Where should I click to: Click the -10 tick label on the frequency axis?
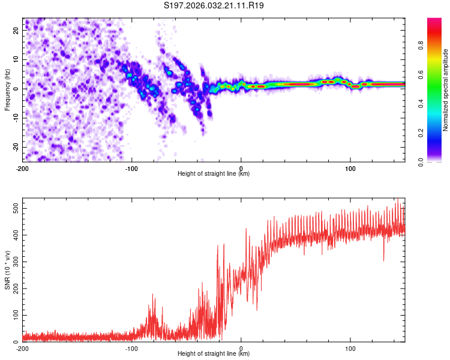[15, 118]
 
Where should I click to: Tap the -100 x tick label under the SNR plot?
[131, 349]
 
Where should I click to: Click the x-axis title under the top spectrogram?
[213, 174]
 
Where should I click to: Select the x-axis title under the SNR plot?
[213, 354]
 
